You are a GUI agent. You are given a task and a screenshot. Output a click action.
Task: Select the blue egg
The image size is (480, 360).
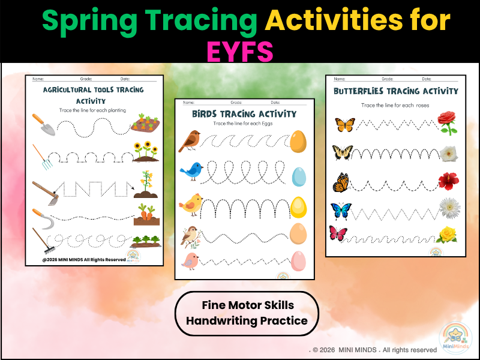298,176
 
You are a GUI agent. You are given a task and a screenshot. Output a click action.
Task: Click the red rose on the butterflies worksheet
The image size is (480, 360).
447,123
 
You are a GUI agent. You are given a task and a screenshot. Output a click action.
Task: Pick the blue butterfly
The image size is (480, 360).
341,211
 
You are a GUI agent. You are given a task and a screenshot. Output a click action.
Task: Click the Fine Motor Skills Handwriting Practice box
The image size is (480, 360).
247,313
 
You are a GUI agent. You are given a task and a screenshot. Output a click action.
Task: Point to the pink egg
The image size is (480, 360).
298,262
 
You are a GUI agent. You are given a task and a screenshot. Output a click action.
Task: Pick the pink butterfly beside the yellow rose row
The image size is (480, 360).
340,233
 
